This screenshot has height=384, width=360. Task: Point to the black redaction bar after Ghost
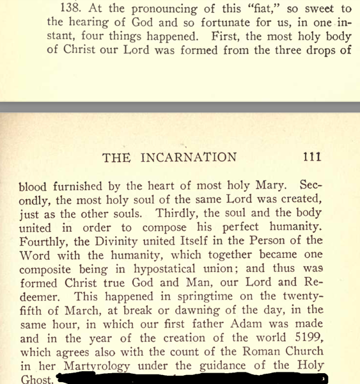tap(192, 379)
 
